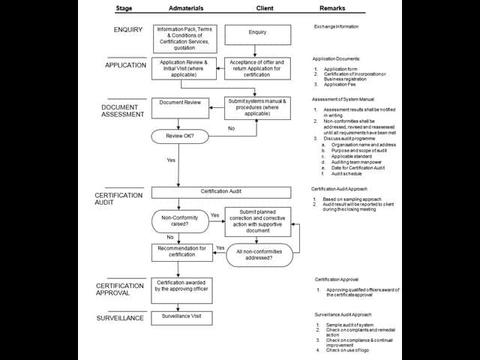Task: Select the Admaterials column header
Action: pyautogui.click(x=181, y=9)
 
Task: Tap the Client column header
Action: pyautogui.click(x=257, y=9)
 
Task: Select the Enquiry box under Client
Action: pyautogui.click(x=257, y=34)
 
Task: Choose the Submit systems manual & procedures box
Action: pyautogui.click(x=257, y=107)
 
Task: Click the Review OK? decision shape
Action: pyautogui.click(x=180, y=137)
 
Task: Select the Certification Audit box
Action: pyautogui.click(x=220, y=192)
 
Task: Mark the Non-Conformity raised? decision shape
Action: pyautogui.click(x=180, y=220)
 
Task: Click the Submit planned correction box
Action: pyautogui.click(x=257, y=221)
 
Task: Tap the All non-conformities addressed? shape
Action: pyautogui.click(x=259, y=255)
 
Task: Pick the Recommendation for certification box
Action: pyautogui.click(x=180, y=252)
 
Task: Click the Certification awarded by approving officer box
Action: pyautogui.click(x=180, y=286)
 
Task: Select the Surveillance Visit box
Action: pyautogui.click(x=180, y=317)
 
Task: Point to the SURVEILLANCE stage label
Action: pyautogui.click(x=119, y=318)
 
